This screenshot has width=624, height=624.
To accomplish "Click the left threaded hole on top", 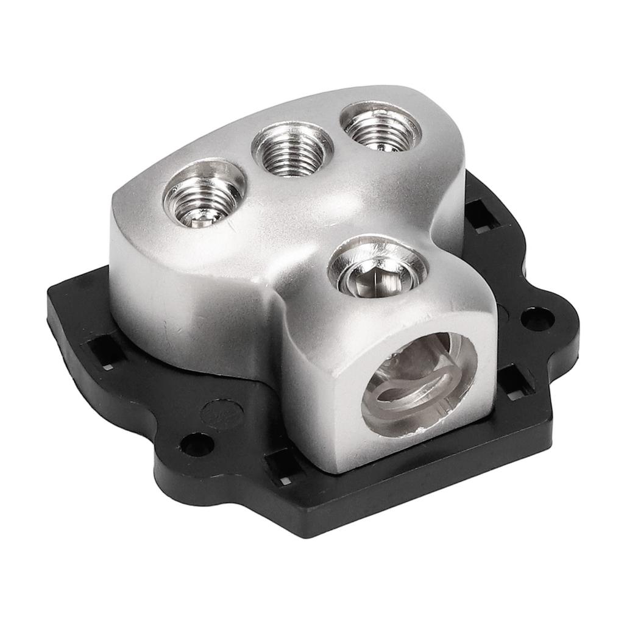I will coord(203,194).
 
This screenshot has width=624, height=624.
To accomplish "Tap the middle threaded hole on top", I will coord(291,149).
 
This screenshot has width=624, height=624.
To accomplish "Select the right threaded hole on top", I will coord(380,127).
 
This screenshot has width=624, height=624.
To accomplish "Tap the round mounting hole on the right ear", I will coord(538,319).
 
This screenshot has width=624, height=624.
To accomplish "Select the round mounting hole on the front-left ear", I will coord(197,444).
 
